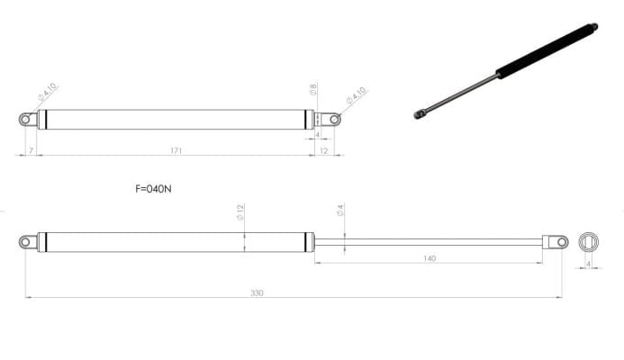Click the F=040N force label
click(153, 190)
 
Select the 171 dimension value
click(176, 150)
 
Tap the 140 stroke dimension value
click(429, 258)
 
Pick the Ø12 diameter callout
click(240, 213)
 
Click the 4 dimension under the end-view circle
click(588, 264)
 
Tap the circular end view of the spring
click(588, 241)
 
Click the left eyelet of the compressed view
click(27, 119)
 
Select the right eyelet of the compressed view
click(333, 119)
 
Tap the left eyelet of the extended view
click(28, 241)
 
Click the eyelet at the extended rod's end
click(558, 241)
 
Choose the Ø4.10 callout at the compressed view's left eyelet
click(48, 93)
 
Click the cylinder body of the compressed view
click(176, 119)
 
